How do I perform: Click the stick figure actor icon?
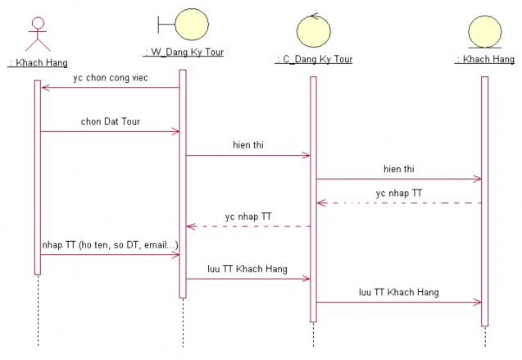37,34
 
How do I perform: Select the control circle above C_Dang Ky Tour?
313,31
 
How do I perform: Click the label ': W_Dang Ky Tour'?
184,52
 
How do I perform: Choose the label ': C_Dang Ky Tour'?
314,59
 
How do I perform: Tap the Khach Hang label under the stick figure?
38,62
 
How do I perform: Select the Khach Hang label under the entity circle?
484,59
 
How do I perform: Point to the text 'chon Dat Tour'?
110,121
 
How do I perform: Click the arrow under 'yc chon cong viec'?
110,88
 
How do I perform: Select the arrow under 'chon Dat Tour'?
110,131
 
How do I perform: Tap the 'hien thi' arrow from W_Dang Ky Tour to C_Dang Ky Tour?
248,155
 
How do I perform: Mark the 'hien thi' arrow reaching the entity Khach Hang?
398,179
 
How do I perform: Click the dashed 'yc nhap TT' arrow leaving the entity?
398,203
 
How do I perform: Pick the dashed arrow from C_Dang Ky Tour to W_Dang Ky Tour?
248,226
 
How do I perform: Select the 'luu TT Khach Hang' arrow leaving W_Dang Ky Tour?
248,279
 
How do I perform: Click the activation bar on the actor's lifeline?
37,176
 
